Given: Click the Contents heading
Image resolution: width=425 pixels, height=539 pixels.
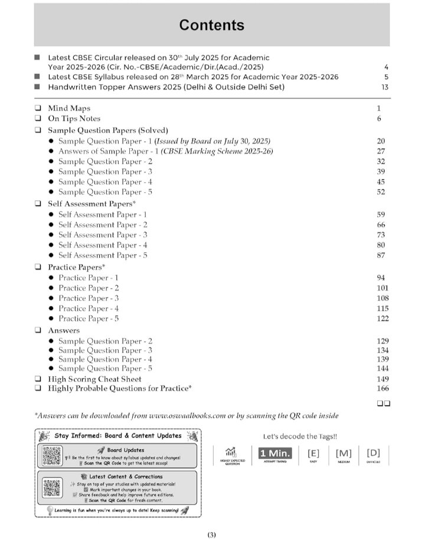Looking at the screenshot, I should coord(211,25).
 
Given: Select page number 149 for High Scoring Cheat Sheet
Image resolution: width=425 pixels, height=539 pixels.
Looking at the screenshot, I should coord(382,379).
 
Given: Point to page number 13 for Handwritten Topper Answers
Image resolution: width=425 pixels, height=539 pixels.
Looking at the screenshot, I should coord(384,87).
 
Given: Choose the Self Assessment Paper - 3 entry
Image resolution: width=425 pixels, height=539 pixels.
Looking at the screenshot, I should coord(103,235).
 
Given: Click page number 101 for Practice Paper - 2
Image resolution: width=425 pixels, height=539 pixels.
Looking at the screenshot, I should coord(382,288).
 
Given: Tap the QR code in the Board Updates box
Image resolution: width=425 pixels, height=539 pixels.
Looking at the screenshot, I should coord(52,456).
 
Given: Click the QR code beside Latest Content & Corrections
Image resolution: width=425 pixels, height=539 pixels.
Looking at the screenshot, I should coord(52,487).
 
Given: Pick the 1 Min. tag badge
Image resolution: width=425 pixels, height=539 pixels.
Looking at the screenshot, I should coord(272,453).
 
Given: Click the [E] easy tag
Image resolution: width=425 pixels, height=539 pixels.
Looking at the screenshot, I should coord(313,453).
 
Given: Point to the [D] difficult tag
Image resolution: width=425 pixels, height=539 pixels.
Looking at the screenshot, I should coord(373,453).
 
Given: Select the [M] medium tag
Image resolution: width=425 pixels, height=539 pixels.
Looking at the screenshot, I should coord(344,453).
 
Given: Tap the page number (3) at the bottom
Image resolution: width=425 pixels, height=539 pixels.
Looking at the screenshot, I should coord(212,535).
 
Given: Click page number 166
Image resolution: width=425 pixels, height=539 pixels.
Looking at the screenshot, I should coord(382,389).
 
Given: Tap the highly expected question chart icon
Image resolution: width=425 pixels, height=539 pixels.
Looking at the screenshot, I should coord(231,452).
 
